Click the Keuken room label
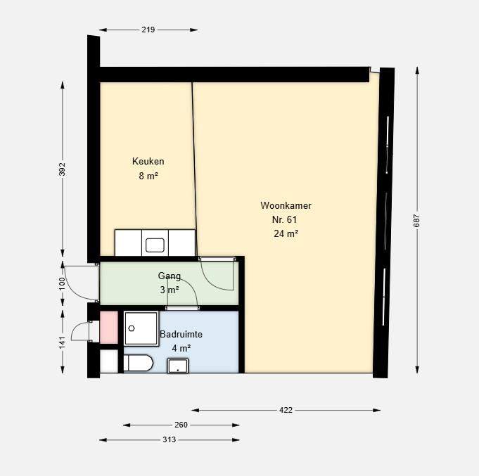tap(148, 161)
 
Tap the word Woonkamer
tap(286, 205)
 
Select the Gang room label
tap(170, 276)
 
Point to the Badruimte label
tap(181, 334)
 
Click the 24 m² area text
tap(286, 233)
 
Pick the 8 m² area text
tap(148, 176)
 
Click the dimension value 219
tap(148, 30)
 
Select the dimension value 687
tap(416, 221)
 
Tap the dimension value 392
tap(63, 169)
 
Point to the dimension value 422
tap(286, 410)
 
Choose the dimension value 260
tap(181, 425)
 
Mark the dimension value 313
tap(170, 439)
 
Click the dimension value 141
tap(63, 342)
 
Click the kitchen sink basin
tap(155, 245)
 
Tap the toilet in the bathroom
tap(138, 363)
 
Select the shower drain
tap(132, 328)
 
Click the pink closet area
tap(109, 327)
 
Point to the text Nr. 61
tap(284, 219)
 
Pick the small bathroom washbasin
tap(178, 366)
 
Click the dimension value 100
tap(63, 283)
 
